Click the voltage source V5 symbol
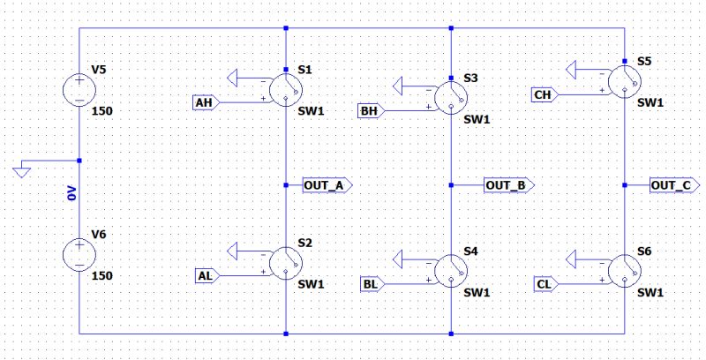point(79,89)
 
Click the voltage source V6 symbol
point(79,254)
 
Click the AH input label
point(204,102)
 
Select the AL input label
point(204,275)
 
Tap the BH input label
point(369,111)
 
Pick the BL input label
point(369,283)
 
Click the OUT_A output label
point(326,185)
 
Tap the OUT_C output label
point(675,185)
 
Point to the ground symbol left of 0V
point(23,170)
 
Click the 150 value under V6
point(102,276)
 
